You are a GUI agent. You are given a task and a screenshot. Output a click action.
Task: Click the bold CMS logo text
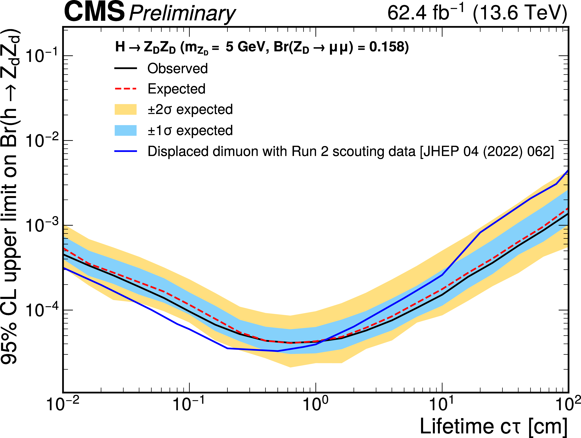tap(94, 12)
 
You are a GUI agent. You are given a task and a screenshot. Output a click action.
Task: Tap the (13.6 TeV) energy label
tap(519, 13)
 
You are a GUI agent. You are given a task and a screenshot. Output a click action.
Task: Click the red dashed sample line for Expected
tap(126, 89)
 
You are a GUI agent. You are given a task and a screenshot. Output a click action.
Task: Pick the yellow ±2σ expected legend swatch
tap(126, 109)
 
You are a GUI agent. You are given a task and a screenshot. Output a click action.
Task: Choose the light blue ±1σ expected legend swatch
tap(126, 130)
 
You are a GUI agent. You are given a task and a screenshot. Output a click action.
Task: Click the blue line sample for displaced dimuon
tap(126, 151)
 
